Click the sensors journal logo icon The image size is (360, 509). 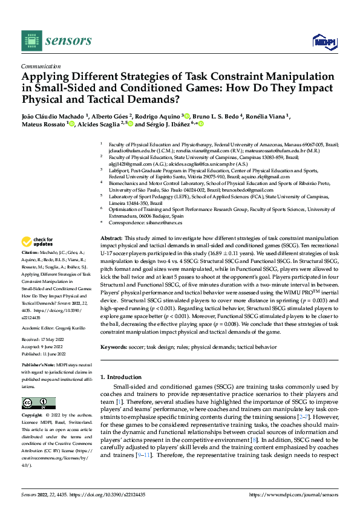[x=31, y=41]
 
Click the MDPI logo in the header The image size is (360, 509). [x=323, y=41]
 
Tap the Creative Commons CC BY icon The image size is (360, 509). [x=38, y=403]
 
